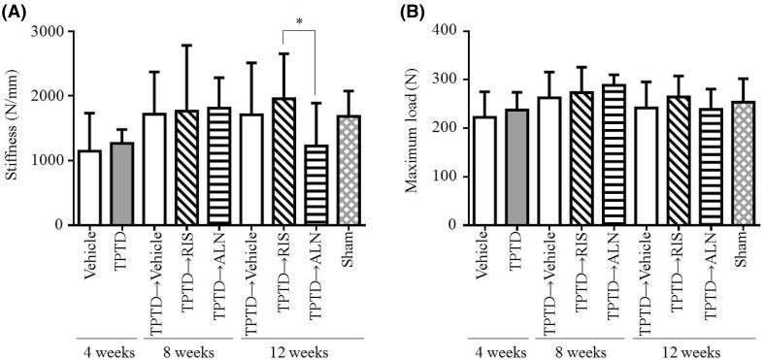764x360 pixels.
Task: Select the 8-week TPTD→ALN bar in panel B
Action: (614, 154)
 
